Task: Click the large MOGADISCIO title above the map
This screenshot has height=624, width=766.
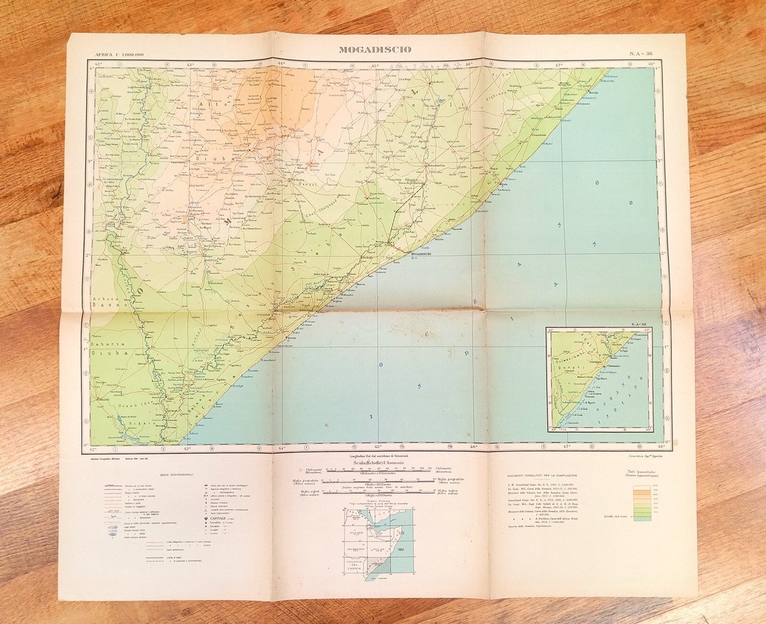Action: [375, 50]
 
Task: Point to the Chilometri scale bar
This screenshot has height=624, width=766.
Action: [372, 469]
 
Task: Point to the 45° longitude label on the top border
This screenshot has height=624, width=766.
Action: [375, 64]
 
